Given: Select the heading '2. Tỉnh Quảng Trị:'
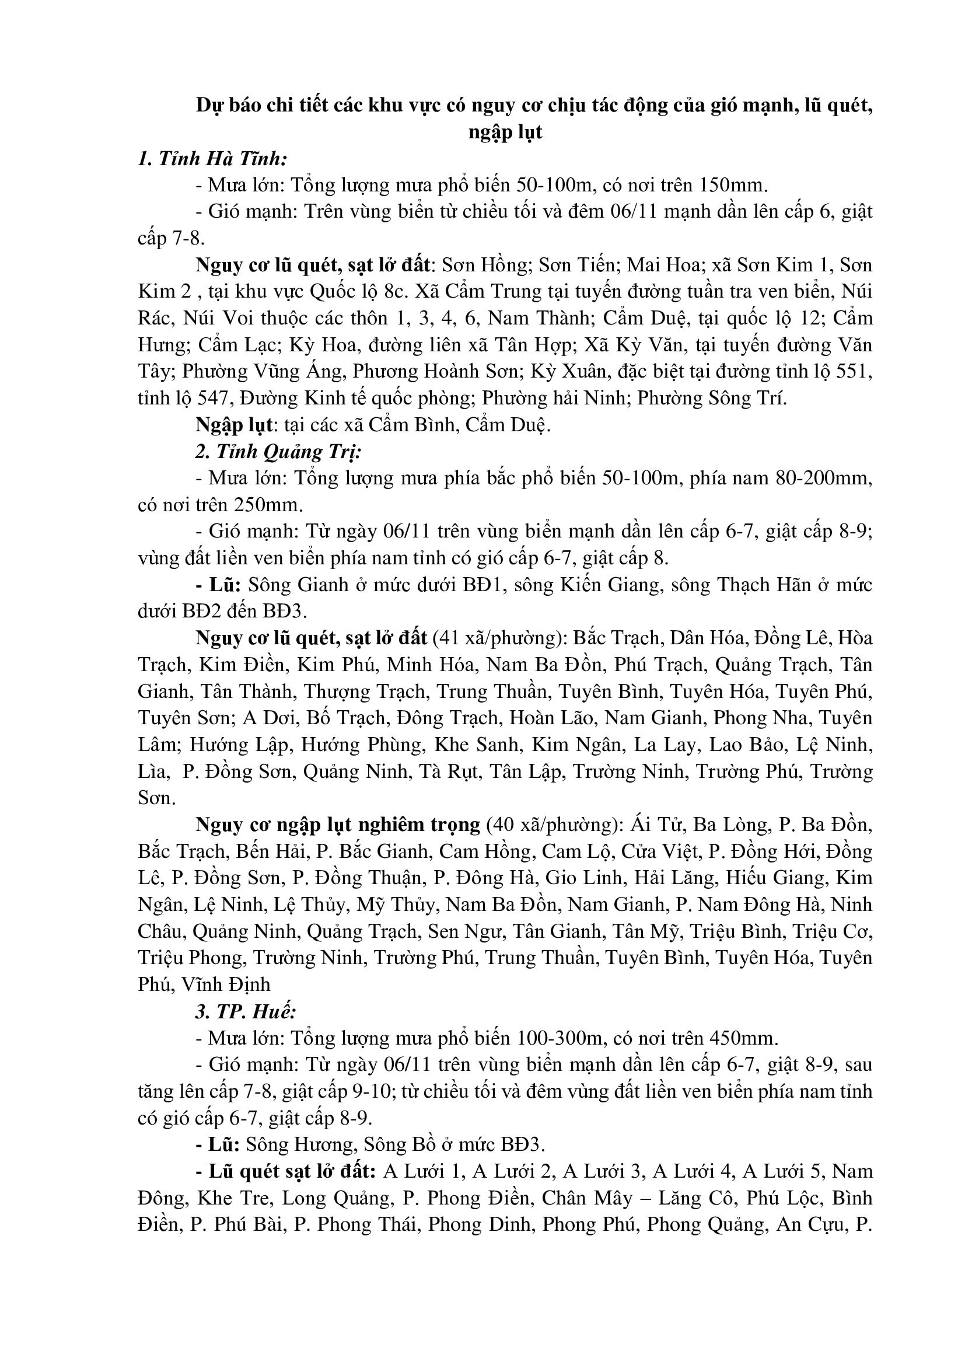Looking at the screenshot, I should (x=278, y=452).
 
